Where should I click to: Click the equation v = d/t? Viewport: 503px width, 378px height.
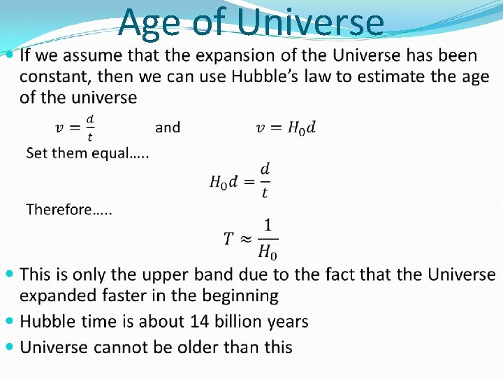[x=75, y=128]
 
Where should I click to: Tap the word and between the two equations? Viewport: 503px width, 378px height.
[x=168, y=127]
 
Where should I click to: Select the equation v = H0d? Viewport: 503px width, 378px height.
[x=286, y=127]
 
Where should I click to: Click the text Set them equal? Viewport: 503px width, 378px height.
[x=87, y=153]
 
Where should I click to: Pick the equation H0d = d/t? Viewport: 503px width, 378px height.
[x=240, y=180]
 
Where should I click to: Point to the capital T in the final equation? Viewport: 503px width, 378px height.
[x=228, y=239]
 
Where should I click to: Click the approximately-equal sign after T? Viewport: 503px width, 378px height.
[x=245, y=239]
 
